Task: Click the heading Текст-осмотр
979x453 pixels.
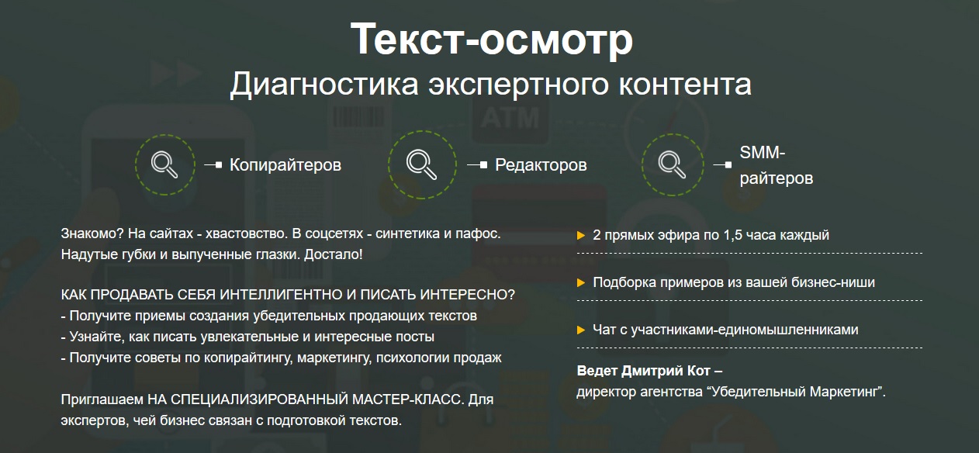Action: [x=491, y=40]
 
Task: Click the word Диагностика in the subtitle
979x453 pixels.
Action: [x=324, y=84]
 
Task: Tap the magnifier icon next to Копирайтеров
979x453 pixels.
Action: [x=164, y=164]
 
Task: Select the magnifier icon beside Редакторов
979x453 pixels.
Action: [x=421, y=164]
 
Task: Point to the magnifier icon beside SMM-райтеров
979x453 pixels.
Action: [x=672, y=164]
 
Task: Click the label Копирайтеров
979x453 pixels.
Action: [x=285, y=165]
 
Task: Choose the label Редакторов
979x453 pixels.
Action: [x=541, y=165]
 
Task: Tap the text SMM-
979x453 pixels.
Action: [x=763, y=153]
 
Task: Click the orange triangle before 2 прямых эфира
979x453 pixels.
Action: [x=581, y=236]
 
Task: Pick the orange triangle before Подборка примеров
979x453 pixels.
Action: [x=581, y=282]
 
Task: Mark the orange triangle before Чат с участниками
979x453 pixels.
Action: [x=581, y=330]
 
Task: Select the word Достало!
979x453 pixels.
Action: [x=333, y=254]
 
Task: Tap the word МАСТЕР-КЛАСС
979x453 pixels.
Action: [x=408, y=399]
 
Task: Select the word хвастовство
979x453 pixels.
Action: [x=247, y=233]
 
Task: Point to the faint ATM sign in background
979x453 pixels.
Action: [x=510, y=118]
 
